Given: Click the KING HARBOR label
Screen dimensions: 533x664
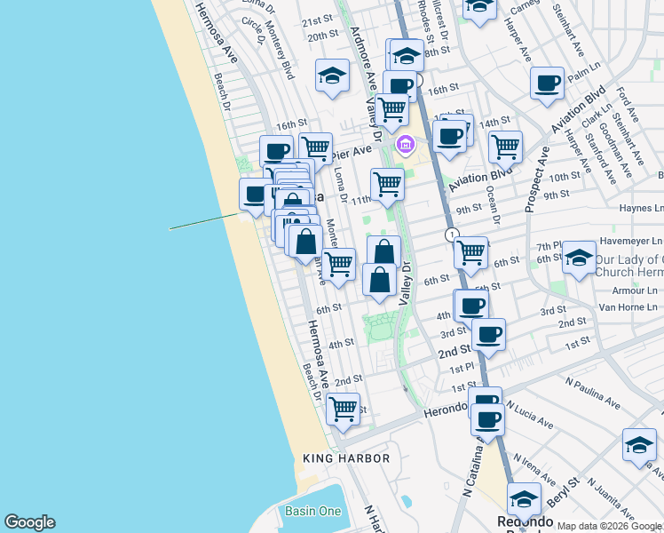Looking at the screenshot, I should coord(346,458).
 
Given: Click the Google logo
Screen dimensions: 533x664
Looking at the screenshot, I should coord(29,522).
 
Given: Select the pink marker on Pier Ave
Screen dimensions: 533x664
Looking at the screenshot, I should coord(406,144).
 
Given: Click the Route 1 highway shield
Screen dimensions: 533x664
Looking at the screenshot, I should coord(453,235).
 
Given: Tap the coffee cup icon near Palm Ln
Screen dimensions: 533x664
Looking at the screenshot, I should coord(547,83).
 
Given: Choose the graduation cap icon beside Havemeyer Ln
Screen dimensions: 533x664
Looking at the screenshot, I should coord(579,258).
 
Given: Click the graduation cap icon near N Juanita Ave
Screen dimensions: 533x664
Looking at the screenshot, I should coord(638,444).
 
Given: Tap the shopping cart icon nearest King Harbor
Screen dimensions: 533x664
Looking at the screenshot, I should coord(343,409).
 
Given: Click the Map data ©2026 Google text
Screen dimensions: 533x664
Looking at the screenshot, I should coord(609,526).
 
